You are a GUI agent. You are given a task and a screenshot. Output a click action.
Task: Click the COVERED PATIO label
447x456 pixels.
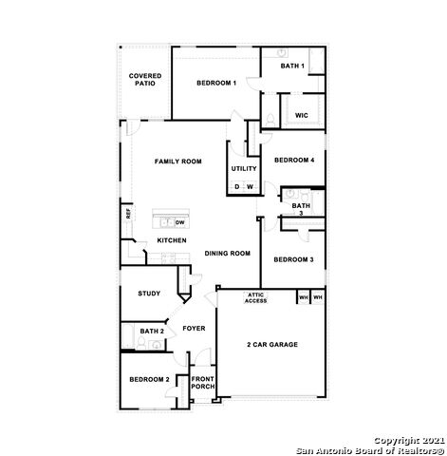(145, 79)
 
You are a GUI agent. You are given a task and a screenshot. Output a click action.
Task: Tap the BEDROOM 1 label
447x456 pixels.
(216, 84)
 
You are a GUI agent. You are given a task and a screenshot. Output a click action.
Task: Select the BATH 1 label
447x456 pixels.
(292, 66)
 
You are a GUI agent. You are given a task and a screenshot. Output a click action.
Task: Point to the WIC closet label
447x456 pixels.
(301, 115)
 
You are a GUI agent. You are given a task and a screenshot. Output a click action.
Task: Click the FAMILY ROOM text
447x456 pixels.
(178, 162)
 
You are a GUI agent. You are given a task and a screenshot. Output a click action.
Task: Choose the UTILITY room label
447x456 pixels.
(244, 168)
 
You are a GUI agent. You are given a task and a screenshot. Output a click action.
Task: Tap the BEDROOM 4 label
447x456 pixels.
(293, 161)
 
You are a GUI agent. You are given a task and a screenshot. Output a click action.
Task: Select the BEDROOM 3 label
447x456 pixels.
(293, 259)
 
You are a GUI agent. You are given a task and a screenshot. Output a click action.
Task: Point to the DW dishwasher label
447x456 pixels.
(179, 222)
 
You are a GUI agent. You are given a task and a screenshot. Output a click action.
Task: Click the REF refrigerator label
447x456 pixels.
(128, 214)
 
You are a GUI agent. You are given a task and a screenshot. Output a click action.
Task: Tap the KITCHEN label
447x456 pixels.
(172, 240)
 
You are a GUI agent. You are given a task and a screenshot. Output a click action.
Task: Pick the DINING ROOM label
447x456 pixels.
(227, 254)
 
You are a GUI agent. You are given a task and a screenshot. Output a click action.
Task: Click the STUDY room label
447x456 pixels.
(148, 294)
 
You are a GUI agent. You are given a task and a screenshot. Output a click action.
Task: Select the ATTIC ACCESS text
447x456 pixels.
(256, 298)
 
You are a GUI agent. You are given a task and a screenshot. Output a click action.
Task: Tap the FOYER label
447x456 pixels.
(194, 329)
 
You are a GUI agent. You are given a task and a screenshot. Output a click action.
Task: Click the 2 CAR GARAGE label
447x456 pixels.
(272, 344)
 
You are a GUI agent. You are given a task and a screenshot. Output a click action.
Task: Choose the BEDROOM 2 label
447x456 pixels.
(149, 380)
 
